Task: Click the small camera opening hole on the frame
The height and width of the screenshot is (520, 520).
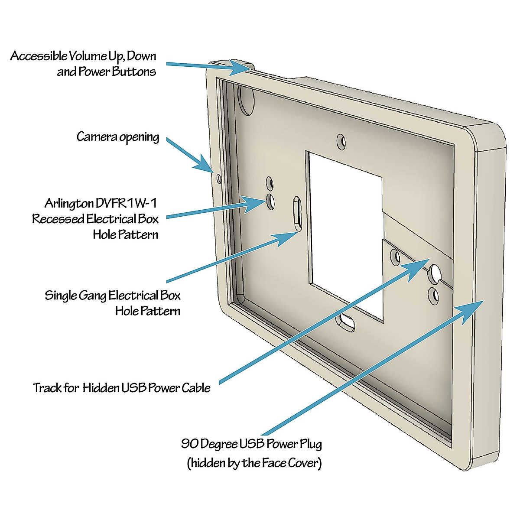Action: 218,178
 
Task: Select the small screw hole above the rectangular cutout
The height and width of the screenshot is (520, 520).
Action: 342,141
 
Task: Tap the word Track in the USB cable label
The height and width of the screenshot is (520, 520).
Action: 47,387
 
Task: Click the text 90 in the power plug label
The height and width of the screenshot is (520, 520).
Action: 190,444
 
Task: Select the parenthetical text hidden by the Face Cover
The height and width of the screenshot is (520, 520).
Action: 254,463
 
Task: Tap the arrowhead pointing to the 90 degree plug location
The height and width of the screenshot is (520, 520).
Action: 472,309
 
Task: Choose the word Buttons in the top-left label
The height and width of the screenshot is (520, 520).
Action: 134,71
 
